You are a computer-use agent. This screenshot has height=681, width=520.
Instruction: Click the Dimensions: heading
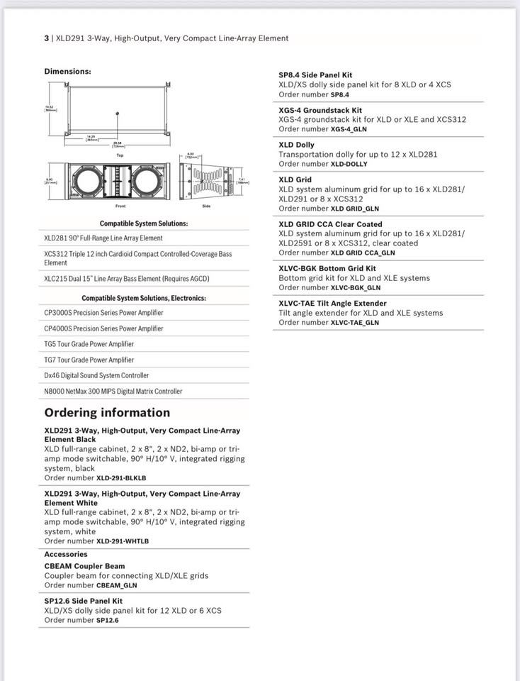tap(67, 72)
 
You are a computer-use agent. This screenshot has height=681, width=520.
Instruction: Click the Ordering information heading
tap(107, 413)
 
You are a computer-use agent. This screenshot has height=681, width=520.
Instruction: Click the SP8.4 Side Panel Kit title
tap(315, 75)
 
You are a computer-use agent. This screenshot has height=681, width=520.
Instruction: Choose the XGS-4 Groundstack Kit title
tap(320, 111)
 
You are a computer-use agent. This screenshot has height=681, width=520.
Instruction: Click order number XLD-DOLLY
tap(349, 164)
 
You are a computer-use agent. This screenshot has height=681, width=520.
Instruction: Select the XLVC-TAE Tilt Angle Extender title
tap(332, 304)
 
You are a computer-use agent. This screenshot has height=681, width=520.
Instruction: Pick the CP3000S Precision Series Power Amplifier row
tap(103, 313)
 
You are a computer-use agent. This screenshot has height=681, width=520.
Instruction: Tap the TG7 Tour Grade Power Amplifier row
tap(89, 360)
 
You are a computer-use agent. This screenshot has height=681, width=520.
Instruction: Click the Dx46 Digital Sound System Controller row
tap(96, 375)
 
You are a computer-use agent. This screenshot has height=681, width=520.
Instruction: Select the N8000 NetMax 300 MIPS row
tap(113, 391)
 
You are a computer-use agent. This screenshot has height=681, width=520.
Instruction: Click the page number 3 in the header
tap(47, 38)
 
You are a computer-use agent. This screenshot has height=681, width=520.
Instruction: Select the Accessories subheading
tap(66, 555)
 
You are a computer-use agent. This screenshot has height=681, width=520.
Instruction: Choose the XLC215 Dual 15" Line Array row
tap(127, 279)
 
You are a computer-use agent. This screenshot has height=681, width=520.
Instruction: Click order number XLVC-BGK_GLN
tap(355, 287)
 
